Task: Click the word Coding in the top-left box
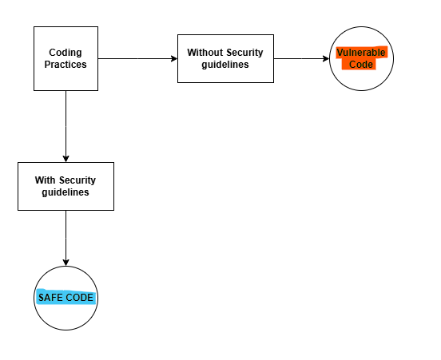click(66, 53)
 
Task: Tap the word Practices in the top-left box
click(66, 65)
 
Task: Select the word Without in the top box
click(205, 53)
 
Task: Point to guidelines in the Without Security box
click(225, 65)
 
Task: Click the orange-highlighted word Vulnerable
click(361, 53)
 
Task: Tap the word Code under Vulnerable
click(361, 65)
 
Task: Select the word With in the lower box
click(46, 180)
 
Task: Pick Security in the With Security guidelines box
click(77, 180)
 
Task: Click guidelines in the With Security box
click(66, 192)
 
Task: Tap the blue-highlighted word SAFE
click(50, 298)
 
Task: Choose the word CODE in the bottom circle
click(80, 298)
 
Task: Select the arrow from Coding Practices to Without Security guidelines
click(136, 58)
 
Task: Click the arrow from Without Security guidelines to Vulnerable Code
click(300, 58)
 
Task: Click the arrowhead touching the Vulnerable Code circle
click(325, 58)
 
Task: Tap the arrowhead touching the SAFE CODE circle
click(66, 262)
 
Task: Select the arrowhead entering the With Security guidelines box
click(66, 158)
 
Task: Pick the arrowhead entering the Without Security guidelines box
click(173, 58)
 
